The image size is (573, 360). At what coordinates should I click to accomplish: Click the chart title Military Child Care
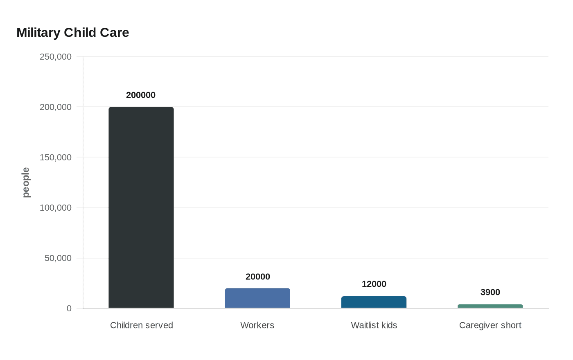(x=73, y=32)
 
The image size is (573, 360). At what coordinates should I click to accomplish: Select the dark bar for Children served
(x=141, y=207)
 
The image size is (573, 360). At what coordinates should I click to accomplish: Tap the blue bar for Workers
(x=257, y=298)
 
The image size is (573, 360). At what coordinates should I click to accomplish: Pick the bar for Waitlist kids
(x=374, y=302)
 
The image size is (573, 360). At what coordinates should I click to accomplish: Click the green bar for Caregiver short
(x=490, y=306)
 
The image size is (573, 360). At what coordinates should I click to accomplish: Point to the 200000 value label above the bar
(x=141, y=95)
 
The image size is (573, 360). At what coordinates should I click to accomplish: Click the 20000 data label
(x=257, y=277)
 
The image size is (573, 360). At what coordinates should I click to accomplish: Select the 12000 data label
(x=374, y=284)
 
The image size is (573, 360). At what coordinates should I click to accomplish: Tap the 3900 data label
(x=490, y=292)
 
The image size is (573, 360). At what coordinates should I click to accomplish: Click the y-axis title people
(x=26, y=182)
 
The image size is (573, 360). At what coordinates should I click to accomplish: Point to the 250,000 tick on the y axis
(x=56, y=56)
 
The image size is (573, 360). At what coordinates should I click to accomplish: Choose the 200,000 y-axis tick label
(x=56, y=107)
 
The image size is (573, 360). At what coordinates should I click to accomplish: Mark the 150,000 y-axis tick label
(x=56, y=157)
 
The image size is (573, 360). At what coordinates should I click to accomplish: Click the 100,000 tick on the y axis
(x=56, y=207)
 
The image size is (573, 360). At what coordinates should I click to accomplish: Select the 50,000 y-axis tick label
(x=58, y=258)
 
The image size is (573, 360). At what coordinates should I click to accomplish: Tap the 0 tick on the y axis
(x=69, y=308)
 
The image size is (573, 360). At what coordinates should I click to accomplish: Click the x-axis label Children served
(x=141, y=325)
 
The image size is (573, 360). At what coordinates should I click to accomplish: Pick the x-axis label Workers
(x=257, y=325)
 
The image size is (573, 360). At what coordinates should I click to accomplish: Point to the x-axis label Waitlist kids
(x=374, y=325)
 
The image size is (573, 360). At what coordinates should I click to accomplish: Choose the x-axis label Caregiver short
(x=490, y=325)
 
